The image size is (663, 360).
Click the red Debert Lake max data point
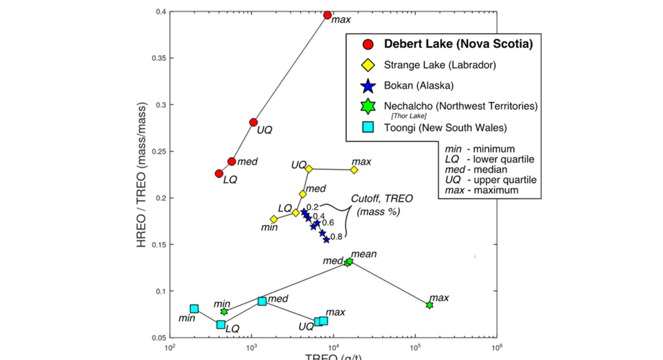(327, 15)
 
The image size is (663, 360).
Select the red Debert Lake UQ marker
(253, 122)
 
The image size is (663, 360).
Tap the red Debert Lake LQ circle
(219, 174)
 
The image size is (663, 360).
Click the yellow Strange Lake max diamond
(354, 169)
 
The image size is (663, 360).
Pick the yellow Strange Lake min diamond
(274, 219)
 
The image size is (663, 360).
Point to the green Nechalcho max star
(429, 305)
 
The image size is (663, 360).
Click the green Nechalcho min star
(224, 311)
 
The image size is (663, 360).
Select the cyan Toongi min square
(194, 308)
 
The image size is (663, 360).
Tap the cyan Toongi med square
(262, 301)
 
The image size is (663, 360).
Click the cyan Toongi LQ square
(220, 325)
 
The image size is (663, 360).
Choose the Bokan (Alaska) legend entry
(418, 85)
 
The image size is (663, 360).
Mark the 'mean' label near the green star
(364, 254)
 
